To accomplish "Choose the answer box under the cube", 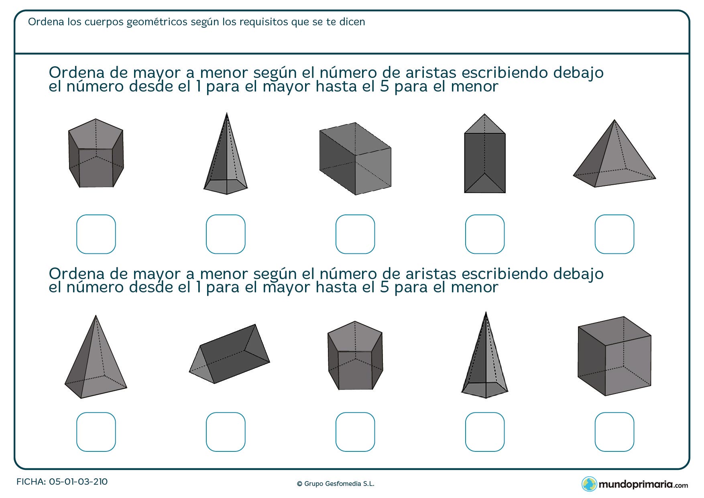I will [614, 432].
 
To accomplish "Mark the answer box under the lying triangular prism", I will [226, 432].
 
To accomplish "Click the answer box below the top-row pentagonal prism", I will [96, 234].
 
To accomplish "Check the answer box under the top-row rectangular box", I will [355, 234].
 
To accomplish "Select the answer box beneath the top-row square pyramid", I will [614, 234].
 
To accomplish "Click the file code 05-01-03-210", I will [78, 482].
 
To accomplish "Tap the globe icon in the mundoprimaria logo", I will [589, 484].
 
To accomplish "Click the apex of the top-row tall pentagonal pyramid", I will [227, 114].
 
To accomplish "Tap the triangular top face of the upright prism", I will [484, 126].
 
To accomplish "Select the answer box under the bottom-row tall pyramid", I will [484, 432].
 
